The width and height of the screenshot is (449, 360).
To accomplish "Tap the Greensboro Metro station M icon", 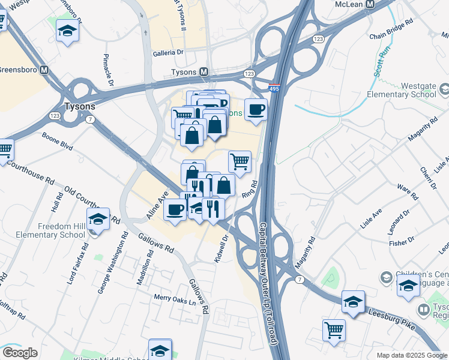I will tap(44, 69).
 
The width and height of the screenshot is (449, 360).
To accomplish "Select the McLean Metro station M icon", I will tap(370, 4).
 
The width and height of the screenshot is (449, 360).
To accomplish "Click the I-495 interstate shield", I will tap(274, 88).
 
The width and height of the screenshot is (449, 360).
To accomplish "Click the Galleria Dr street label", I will tap(167, 52).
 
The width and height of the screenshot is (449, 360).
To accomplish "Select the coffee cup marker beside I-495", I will tap(256, 110).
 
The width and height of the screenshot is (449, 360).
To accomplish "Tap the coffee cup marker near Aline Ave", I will tap(175, 210).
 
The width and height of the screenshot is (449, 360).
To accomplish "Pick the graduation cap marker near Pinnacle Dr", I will tap(67, 30).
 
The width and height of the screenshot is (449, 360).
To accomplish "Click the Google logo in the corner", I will tap(19, 353).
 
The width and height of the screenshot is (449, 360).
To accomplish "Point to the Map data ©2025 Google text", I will tap(411, 355).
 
